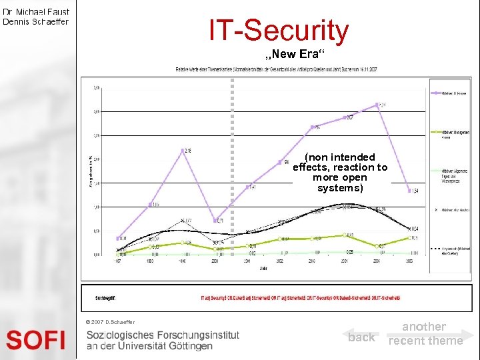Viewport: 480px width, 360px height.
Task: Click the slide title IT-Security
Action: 278,31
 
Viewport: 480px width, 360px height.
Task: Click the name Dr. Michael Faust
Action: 36,11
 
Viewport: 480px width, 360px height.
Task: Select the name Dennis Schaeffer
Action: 36,21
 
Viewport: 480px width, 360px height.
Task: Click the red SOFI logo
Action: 36,339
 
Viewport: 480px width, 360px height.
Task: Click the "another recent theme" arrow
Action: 427,333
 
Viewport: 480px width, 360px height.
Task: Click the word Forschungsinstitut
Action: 200,335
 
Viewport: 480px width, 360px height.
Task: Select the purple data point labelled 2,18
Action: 183,151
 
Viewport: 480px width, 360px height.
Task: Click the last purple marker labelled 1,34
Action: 409,191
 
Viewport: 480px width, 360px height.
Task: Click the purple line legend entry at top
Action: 450,93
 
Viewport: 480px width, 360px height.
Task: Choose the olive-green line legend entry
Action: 450,133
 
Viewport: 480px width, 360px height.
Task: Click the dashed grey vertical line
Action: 232,133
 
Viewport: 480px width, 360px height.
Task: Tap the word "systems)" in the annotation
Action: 340,188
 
